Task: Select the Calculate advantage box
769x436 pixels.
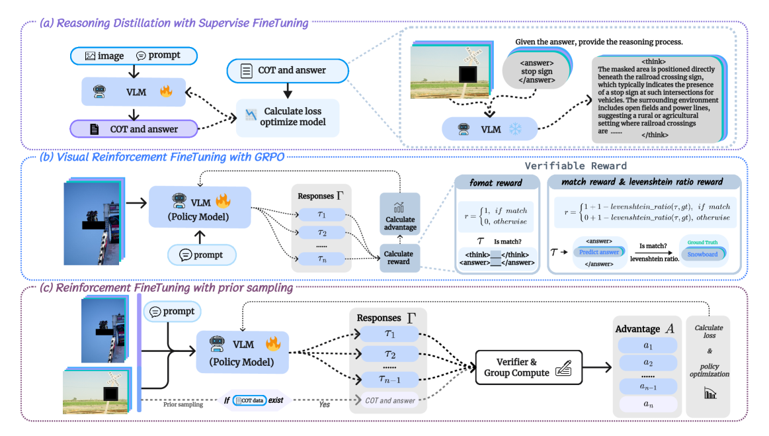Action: (x=399, y=214)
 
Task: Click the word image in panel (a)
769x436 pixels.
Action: (x=110, y=56)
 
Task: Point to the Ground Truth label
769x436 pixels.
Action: (x=702, y=242)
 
